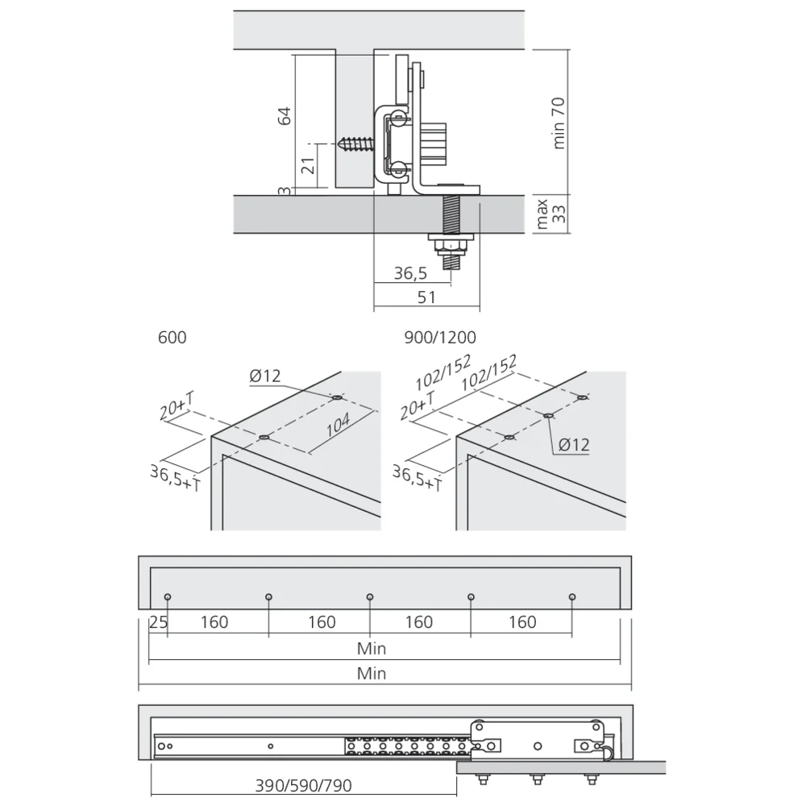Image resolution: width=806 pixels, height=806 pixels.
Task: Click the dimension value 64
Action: pos(284,114)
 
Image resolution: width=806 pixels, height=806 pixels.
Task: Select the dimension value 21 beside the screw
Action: pos(307,167)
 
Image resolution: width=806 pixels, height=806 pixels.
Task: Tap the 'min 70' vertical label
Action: pos(559,123)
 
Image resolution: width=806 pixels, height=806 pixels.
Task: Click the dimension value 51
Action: pos(426,297)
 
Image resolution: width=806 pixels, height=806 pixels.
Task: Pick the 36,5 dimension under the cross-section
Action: pos(410,274)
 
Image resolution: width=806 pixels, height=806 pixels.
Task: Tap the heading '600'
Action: pos(172,338)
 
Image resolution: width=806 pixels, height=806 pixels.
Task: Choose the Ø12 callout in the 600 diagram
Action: pos(265,376)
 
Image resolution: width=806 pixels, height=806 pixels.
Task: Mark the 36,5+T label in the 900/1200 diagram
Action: pos(417,477)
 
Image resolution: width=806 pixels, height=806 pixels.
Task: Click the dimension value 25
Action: pos(157,622)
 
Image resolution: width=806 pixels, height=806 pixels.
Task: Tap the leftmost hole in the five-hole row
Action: pos(167,597)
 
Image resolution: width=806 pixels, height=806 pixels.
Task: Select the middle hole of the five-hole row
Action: pos(369,597)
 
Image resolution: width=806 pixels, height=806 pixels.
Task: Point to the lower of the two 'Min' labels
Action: pos(372,673)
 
